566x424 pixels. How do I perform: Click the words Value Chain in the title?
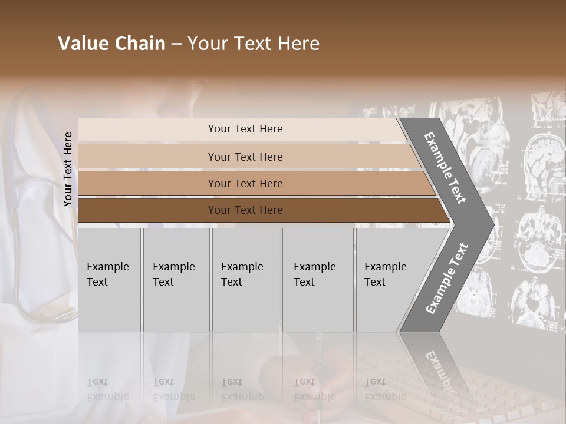(x=111, y=44)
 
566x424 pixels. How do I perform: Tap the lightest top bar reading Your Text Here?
(x=245, y=129)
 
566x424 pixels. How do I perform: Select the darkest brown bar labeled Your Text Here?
(x=245, y=210)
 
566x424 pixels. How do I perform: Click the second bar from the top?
(x=245, y=157)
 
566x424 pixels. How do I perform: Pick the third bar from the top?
(x=245, y=183)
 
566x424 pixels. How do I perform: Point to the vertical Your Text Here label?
(x=68, y=169)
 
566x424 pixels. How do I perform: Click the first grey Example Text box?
(x=109, y=279)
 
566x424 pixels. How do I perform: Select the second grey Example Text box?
(x=176, y=279)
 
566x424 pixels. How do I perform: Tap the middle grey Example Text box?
(x=245, y=279)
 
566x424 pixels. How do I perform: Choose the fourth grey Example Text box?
(x=318, y=279)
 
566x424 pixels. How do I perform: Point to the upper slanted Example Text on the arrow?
(x=445, y=168)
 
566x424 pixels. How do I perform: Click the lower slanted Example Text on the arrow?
(x=446, y=278)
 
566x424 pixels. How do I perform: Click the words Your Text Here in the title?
(x=254, y=44)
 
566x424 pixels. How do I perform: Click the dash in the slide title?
(x=176, y=44)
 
